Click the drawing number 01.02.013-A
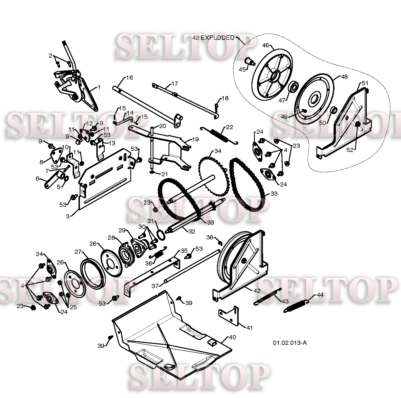pos(290,343)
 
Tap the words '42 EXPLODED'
pos(213,38)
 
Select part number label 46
pos(265,45)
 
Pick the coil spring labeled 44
pos(296,306)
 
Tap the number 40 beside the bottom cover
pos(232,337)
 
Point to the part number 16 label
pos(129,77)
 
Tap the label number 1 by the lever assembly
pos(99,87)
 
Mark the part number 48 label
pos(344,77)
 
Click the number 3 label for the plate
pos(68,216)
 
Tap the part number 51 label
pos(365,83)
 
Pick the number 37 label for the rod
pos(155,286)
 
